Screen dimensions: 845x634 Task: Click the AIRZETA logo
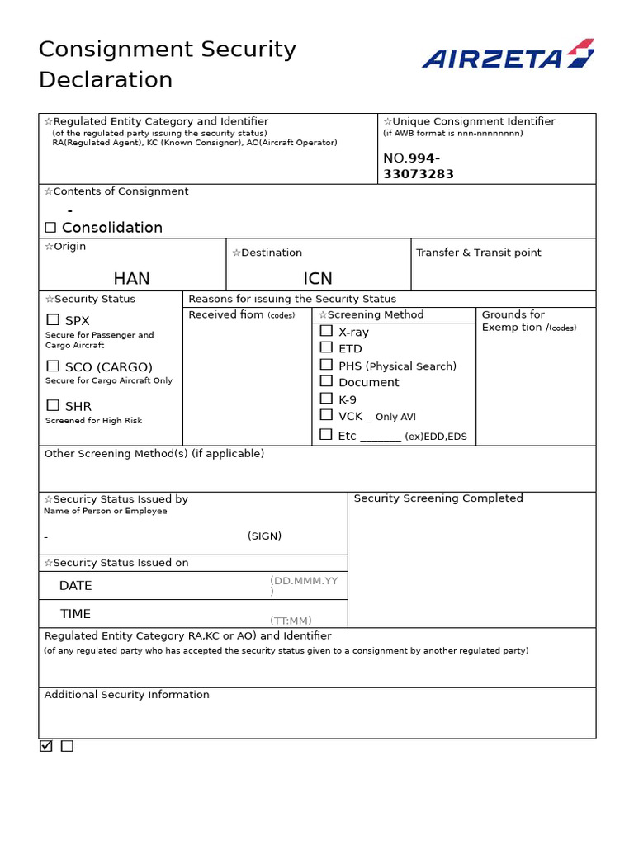click(x=508, y=54)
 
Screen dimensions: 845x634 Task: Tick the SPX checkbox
click(x=53, y=320)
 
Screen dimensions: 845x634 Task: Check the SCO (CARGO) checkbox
click(x=53, y=366)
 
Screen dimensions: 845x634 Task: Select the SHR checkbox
click(x=53, y=405)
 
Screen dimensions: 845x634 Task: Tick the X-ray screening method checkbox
click(x=326, y=331)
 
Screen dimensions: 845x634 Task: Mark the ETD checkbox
click(x=326, y=348)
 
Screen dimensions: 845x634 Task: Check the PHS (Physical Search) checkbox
click(x=326, y=365)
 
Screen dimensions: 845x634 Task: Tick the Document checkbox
click(x=326, y=381)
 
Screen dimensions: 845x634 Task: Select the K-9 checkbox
click(x=326, y=399)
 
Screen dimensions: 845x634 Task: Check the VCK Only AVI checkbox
click(x=326, y=415)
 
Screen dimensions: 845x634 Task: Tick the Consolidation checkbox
click(x=50, y=228)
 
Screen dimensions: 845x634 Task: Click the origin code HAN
click(x=132, y=279)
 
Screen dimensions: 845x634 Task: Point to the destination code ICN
click(x=318, y=279)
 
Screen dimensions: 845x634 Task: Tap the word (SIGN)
click(x=264, y=536)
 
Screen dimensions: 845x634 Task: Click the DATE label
click(x=75, y=586)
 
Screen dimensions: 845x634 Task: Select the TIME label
click(x=75, y=614)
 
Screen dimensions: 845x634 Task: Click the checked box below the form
click(x=46, y=746)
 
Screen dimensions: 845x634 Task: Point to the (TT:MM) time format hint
click(x=291, y=621)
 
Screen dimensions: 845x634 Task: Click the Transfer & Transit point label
click(x=479, y=253)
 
